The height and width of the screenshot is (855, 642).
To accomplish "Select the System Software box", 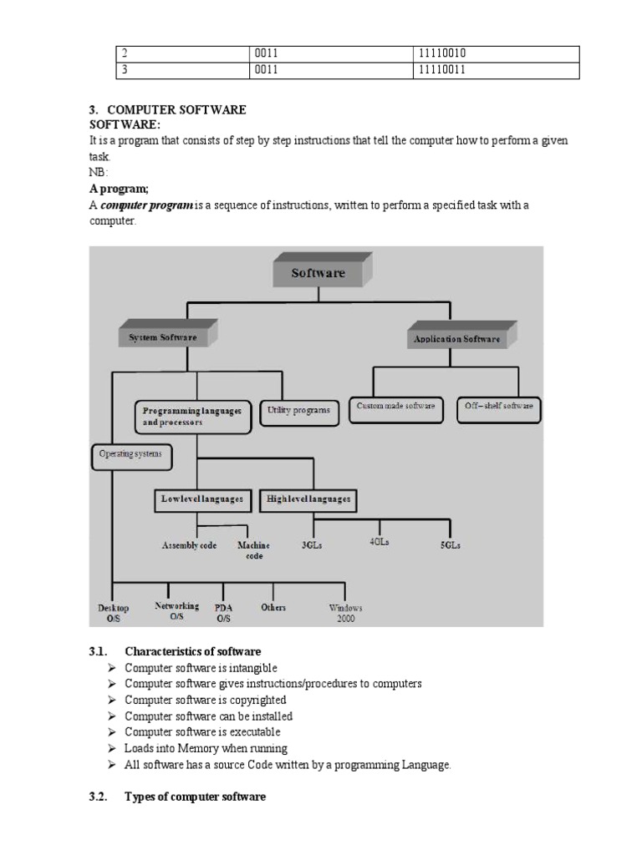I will click(163, 337).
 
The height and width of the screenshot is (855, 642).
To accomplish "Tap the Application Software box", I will click(457, 339).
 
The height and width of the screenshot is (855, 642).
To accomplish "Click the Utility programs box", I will click(298, 411).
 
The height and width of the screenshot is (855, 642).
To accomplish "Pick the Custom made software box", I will click(395, 407).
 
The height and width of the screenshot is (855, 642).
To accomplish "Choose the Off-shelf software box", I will click(499, 407).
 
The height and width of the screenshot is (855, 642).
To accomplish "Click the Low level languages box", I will click(203, 499).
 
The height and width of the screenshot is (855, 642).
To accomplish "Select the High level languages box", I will click(308, 499).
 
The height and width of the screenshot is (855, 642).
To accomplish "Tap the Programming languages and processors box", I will click(192, 417).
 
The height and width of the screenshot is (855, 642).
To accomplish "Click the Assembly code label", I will click(189, 545).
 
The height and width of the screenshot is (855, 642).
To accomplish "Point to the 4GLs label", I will click(380, 541).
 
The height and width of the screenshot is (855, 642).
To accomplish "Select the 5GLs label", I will click(450, 545).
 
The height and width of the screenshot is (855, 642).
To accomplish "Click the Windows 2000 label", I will click(345, 613).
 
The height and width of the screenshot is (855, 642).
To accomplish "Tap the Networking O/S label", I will click(176, 610).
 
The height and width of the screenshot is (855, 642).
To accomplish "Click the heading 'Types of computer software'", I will click(195, 797).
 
